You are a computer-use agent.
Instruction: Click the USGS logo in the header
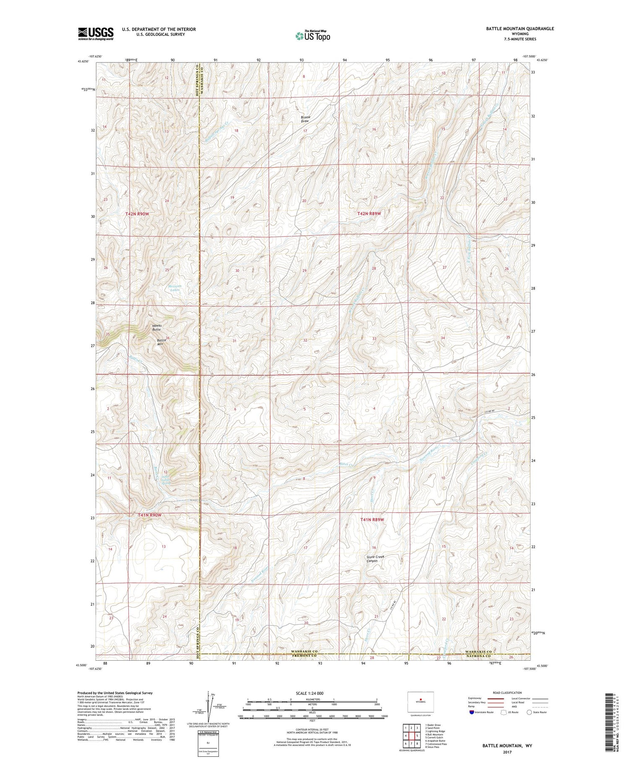[x=96, y=34]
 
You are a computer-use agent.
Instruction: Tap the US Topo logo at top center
[x=312, y=36]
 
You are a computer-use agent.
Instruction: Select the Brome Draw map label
[x=305, y=119]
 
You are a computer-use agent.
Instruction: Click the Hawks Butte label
[x=157, y=327]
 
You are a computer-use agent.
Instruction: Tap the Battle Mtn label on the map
[x=162, y=342]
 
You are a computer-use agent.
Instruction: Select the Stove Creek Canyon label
[x=374, y=559]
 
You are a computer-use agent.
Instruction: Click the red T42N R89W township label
[x=369, y=214]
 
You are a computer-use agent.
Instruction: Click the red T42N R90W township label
[x=137, y=214]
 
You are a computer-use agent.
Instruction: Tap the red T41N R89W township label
[x=372, y=520]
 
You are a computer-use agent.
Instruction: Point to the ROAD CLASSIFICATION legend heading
[x=507, y=693]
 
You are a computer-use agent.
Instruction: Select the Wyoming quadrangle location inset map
[x=421, y=702]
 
